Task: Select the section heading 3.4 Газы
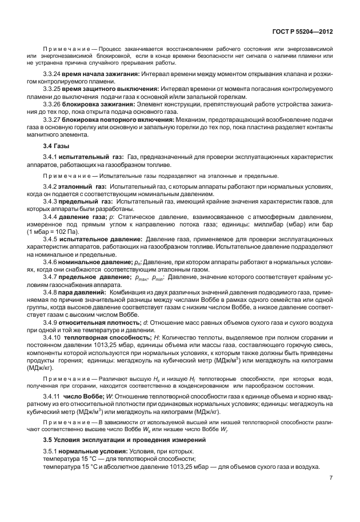point(56,146)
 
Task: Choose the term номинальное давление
point(95,260)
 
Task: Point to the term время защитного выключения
point(102,90)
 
